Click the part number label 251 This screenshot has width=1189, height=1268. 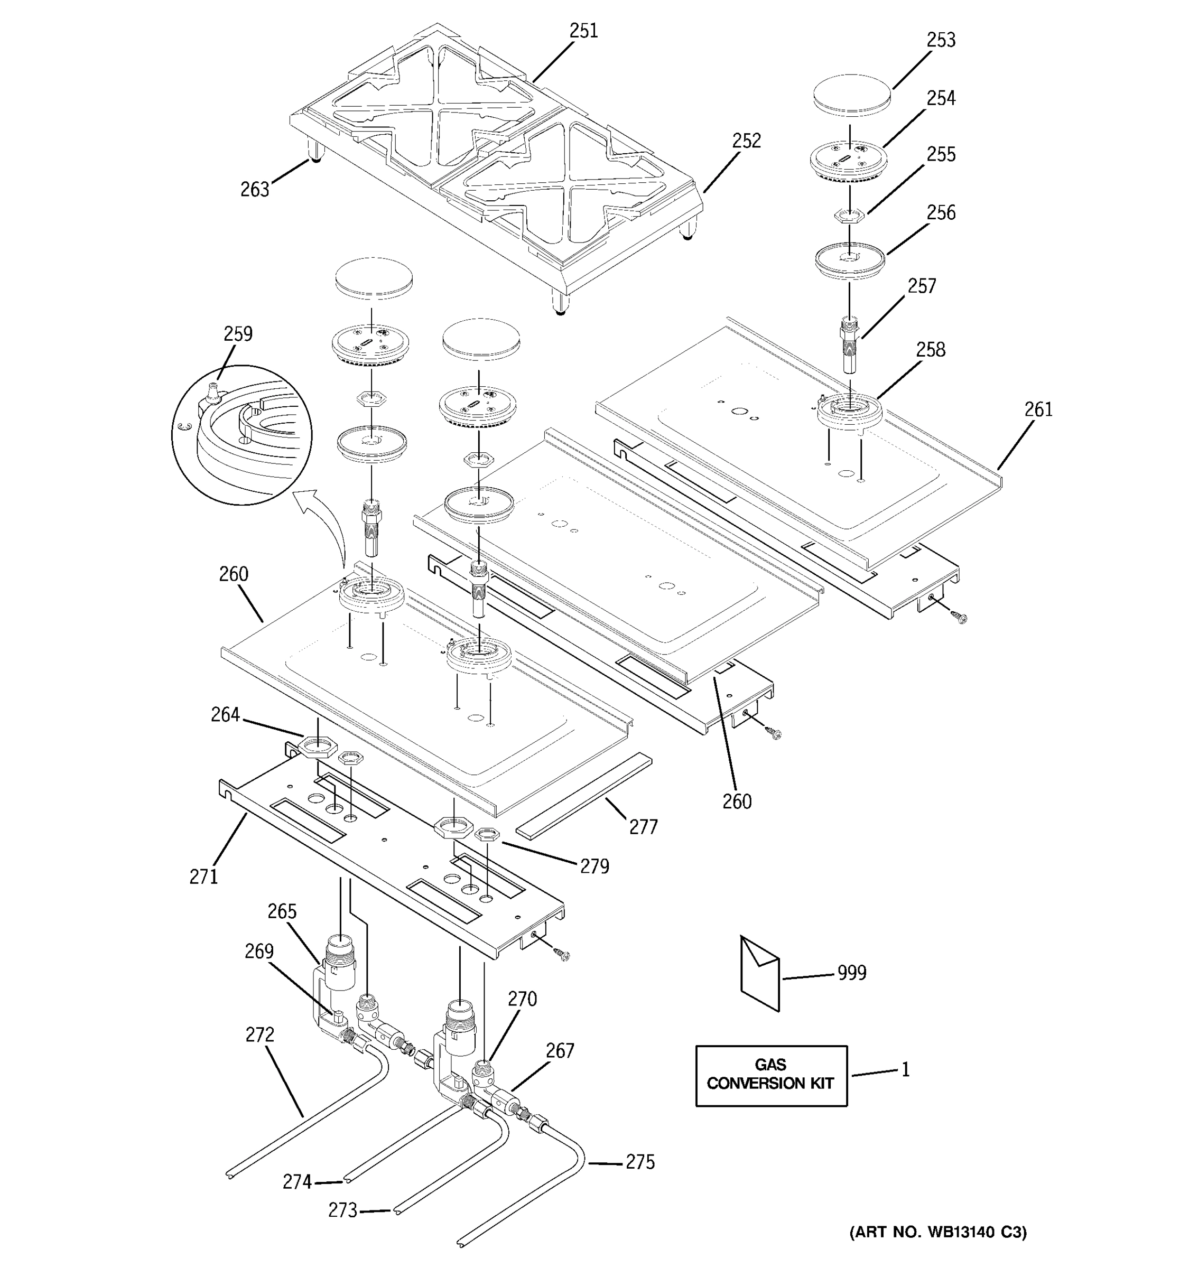583,31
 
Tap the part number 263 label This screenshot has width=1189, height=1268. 255,190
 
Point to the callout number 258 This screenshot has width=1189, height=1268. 930,350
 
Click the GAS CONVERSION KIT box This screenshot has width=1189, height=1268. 770,1075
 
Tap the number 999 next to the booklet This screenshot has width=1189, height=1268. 851,973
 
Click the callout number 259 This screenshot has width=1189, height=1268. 238,333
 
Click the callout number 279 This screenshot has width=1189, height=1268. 594,866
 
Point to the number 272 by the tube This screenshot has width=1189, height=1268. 259,1034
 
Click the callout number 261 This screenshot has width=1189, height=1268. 1038,409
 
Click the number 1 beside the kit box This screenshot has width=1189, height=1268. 905,1070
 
